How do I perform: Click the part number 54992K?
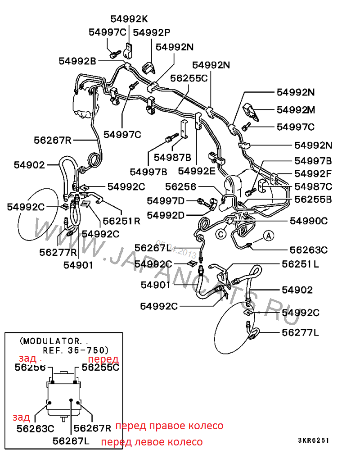129,18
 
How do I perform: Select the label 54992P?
151,32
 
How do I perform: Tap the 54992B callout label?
77,61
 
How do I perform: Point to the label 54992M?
296,109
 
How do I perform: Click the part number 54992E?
197,171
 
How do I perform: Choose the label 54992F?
313,173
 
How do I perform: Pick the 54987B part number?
172,157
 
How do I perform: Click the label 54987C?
313,186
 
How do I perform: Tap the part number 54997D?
166,200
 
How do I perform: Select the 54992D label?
166,215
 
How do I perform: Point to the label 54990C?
309,220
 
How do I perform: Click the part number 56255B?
313,199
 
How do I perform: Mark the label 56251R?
121,221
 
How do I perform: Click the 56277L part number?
300,333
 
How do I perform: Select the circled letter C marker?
220,234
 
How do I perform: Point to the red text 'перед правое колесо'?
169,426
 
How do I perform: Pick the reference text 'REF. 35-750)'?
76,350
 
